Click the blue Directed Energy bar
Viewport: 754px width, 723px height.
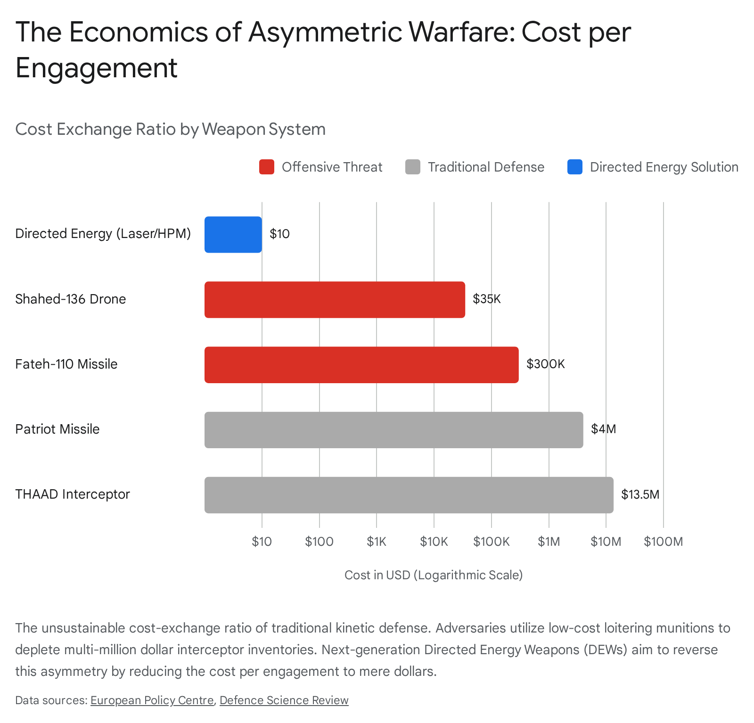233,234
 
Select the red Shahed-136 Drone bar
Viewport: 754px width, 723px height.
335,300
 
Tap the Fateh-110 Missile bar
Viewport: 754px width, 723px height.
361,365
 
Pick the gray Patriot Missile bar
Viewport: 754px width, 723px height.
393,430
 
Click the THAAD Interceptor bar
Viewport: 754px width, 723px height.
409,495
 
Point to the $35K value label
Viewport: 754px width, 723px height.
487,299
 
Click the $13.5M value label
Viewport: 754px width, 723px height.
640,494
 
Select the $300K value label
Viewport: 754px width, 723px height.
545,364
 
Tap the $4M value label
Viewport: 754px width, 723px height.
603,429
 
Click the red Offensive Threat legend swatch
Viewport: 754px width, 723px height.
267,167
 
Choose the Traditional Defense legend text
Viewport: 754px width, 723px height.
486,167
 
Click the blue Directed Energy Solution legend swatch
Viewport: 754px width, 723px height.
575,167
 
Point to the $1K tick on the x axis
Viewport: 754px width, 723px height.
377,542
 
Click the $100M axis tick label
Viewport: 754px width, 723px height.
663,542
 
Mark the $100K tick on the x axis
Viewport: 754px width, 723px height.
492,542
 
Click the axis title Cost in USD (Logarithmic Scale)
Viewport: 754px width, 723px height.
434,575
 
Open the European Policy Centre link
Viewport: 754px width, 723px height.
152,700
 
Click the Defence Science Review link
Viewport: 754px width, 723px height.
284,700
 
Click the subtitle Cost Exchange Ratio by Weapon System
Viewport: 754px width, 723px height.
170,129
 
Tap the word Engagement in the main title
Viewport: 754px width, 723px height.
97,68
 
